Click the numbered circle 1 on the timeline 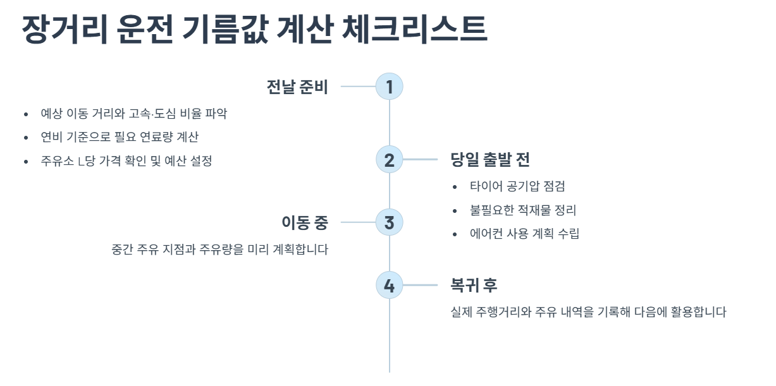389,87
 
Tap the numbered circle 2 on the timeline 389,160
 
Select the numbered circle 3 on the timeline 389,222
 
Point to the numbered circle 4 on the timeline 389,286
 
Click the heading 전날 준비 297,87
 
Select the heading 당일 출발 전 490,160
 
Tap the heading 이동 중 305,222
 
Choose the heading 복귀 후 474,286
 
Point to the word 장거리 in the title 64,29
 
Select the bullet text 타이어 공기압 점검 517,186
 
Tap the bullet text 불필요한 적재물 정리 523,210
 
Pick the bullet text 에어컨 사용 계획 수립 524,234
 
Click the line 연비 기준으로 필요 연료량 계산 120,137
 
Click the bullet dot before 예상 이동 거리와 26,114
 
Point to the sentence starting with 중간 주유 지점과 219,250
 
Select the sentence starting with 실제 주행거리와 588,312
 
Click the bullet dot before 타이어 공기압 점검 455,187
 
